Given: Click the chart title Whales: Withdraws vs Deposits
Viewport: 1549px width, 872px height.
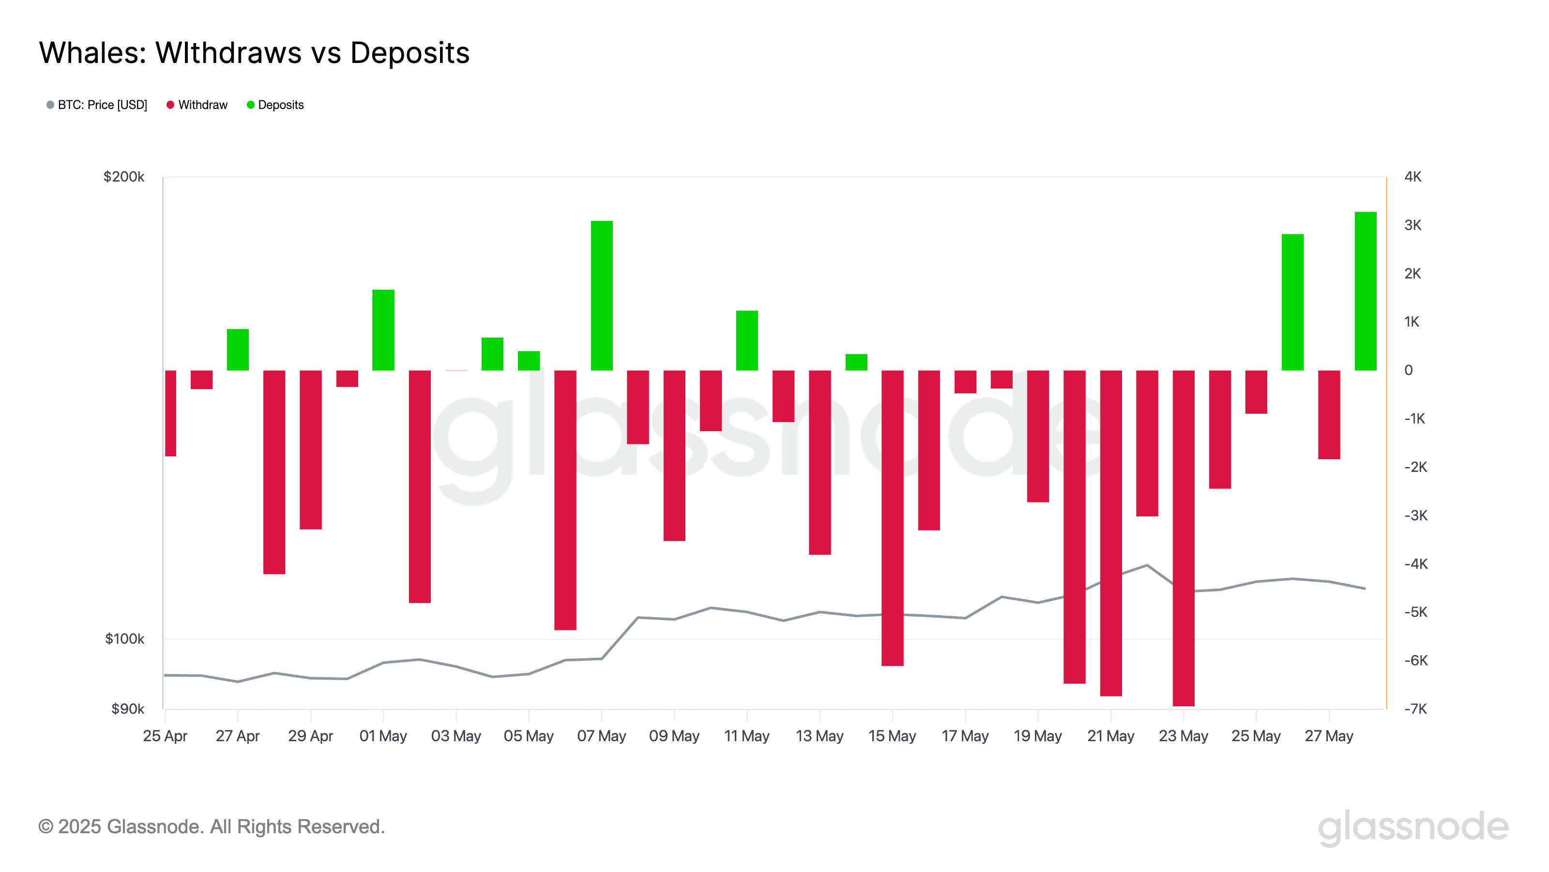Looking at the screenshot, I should tap(254, 53).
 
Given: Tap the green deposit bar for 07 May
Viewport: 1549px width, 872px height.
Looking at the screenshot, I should tap(601, 295).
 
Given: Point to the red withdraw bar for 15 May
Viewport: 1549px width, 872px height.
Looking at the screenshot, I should tap(892, 517).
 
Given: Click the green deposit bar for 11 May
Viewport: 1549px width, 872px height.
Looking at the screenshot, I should tap(746, 340).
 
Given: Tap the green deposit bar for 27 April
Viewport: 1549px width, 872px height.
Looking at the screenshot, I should tap(238, 349).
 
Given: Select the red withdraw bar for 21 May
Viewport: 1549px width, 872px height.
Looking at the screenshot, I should tap(1110, 532).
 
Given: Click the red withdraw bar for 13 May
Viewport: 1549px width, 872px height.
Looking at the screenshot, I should tap(819, 462).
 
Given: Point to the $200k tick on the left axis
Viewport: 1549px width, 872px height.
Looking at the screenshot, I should tap(124, 176).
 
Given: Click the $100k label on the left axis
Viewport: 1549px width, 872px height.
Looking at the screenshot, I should tap(124, 638).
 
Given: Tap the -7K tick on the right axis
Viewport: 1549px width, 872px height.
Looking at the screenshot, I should tap(1415, 708).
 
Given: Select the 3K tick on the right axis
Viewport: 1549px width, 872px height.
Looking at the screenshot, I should tap(1412, 225).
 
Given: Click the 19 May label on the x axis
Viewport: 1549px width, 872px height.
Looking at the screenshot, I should tap(1037, 735).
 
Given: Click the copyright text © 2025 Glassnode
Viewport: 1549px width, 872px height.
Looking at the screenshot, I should tap(211, 826).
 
